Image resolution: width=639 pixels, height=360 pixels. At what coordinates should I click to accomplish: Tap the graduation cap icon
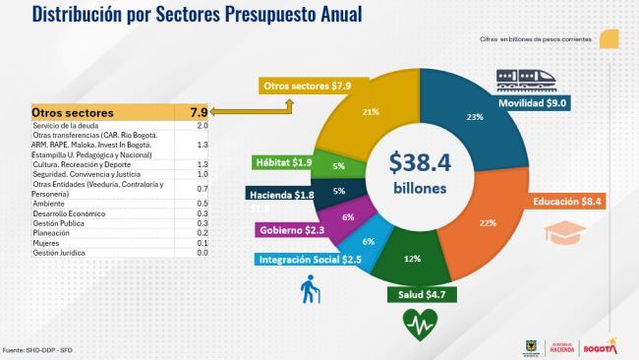[x=561, y=233]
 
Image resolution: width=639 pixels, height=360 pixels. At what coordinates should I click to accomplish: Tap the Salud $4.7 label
[x=420, y=294]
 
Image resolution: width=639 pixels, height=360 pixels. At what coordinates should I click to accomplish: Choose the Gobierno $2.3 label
[x=294, y=230]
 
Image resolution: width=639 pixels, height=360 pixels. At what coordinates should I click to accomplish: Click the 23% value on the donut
[x=476, y=116]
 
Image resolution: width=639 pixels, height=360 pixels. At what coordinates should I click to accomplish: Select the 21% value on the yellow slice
[x=372, y=112]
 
